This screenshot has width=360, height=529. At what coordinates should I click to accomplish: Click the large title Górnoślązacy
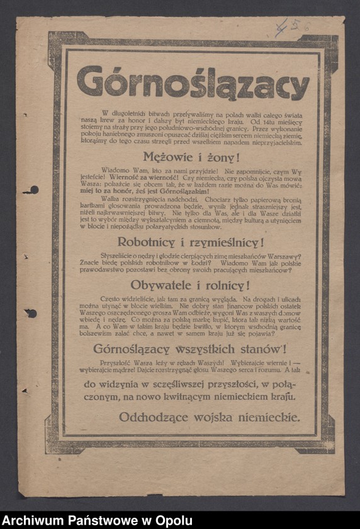tap(193, 83)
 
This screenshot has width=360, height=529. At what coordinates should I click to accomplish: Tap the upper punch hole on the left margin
tap(31, 190)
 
